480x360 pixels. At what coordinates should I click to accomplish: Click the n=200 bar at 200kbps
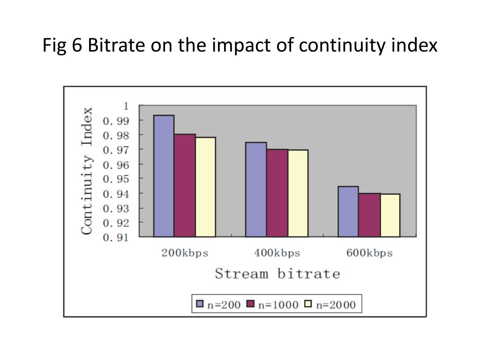tap(164, 176)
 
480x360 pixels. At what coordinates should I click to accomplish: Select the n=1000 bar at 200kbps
tap(185, 185)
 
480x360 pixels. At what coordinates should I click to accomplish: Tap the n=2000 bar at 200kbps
tap(205, 187)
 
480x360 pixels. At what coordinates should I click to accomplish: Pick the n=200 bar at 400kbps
tap(256, 189)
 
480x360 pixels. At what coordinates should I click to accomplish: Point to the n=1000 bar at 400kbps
tap(277, 193)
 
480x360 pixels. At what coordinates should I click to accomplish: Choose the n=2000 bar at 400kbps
tap(298, 193)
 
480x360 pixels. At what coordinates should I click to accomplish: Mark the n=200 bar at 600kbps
tap(348, 211)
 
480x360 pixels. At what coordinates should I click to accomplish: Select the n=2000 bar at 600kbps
tap(390, 215)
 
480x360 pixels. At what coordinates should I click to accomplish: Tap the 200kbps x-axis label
tap(185, 253)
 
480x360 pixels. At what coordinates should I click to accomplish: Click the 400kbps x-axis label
tap(277, 253)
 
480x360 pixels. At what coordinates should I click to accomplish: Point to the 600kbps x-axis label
tap(369, 253)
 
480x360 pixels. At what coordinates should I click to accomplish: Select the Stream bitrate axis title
tap(277, 274)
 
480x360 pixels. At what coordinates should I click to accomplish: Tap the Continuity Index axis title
tap(87, 171)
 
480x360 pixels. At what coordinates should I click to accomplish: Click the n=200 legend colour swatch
tap(200, 304)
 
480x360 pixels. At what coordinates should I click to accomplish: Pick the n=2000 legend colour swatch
tap(308, 304)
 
